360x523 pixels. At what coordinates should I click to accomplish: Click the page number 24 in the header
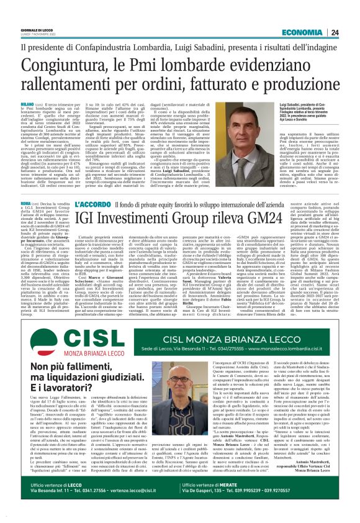[351, 32]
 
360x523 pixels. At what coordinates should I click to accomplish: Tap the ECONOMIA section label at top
[316, 32]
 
